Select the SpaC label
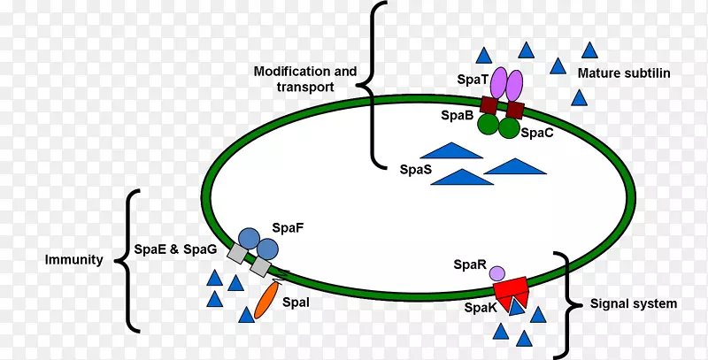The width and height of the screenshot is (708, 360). [537, 134]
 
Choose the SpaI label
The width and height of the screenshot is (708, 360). [296, 303]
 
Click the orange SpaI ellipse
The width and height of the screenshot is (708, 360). [265, 300]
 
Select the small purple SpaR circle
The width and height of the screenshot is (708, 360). [497, 273]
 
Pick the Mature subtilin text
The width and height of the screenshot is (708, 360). [623, 73]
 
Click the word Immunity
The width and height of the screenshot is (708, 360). [73, 261]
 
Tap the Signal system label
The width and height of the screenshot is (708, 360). [633, 303]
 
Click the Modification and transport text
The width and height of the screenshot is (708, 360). [305, 79]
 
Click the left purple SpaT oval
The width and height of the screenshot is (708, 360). [497, 83]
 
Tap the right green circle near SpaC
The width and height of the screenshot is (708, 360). [509, 128]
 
